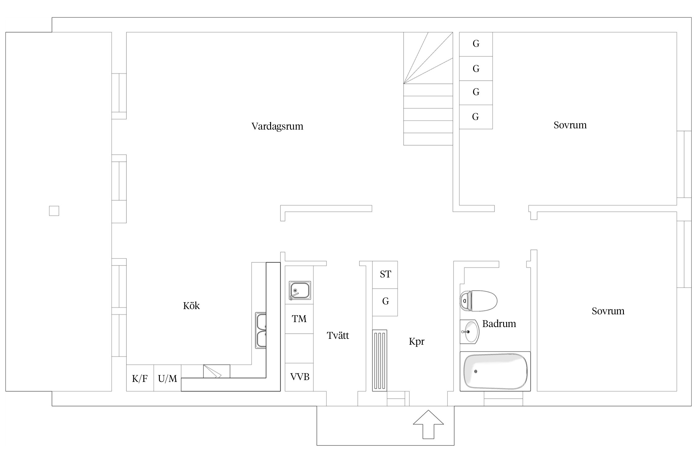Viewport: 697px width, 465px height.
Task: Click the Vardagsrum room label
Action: pyautogui.click(x=277, y=126)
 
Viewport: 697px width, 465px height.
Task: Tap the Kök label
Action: pyautogui.click(x=191, y=306)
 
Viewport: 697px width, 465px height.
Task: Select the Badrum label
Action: pyautogui.click(x=499, y=324)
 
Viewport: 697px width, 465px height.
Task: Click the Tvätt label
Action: pyautogui.click(x=338, y=335)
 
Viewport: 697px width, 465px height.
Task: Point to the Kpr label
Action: pyautogui.click(x=416, y=342)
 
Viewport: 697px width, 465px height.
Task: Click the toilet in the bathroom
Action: pyautogui.click(x=478, y=301)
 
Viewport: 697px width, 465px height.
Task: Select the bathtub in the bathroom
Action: pyautogui.click(x=495, y=371)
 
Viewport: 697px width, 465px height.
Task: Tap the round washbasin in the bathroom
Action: pyautogui.click(x=469, y=332)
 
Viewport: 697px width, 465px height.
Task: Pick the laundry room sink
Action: pyautogui.click(x=300, y=290)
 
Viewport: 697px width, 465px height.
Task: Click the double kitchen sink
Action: pyautogui.click(x=261, y=330)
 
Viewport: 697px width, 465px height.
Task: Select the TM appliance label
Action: pyautogui.click(x=299, y=319)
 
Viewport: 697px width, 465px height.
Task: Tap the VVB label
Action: pyautogui.click(x=300, y=377)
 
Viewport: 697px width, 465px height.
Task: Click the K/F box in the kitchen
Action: pyautogui.click(x=140, y=379)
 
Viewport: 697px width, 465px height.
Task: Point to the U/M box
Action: pyautogui.click(x=167, y=379)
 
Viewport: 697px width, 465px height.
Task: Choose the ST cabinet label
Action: pyautogui.click(x=385, y=274)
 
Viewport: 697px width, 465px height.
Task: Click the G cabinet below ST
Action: pyautogui.click(x=385, y=301)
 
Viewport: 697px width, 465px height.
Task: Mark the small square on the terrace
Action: pyautogui.click(x=54, y=211)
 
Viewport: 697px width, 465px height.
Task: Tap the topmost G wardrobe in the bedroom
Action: pyautogui.click(x=476, y=44)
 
